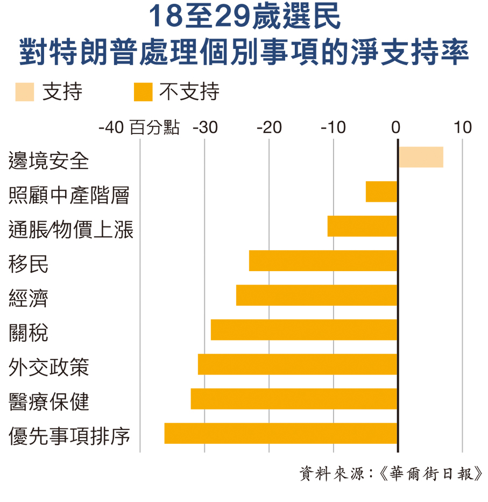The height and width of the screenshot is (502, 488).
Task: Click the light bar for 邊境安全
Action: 421,157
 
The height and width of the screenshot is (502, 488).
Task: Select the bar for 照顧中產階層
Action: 381,192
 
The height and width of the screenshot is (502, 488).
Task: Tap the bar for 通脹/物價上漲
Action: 362,226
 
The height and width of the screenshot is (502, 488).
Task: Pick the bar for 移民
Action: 323,260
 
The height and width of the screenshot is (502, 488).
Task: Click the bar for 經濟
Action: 316,295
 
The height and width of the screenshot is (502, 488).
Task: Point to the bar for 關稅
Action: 304,330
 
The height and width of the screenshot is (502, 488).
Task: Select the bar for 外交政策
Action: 298,364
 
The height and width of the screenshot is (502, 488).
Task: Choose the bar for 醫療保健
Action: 294,399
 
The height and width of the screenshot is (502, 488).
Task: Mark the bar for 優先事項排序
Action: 281,433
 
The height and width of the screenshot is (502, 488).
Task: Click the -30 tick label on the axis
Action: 205,128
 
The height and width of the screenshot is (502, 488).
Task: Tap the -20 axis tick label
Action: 269,128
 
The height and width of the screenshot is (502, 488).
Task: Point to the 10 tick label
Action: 462,128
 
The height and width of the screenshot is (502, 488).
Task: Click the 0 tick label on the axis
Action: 397,128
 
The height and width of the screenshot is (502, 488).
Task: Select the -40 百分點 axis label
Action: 139,128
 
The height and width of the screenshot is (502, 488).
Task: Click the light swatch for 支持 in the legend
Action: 25,92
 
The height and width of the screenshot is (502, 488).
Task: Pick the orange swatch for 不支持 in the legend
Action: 143,92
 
